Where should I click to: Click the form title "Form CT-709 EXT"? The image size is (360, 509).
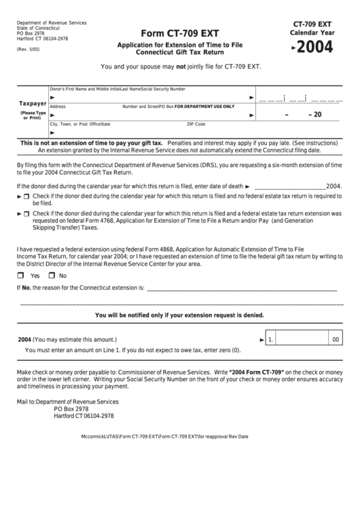tap(179, 33)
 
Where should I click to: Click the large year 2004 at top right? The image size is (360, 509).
tap(315, 48)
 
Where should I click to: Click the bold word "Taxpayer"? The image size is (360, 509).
tap(32, 104)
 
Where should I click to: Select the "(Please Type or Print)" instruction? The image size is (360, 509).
tap(33, 115)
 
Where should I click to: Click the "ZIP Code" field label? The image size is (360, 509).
tap(196, 124)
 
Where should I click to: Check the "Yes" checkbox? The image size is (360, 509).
tap(20, 275)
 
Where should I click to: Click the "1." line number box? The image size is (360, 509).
tap(271, 339)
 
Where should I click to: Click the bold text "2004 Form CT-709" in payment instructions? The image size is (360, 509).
tap(256, 372)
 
